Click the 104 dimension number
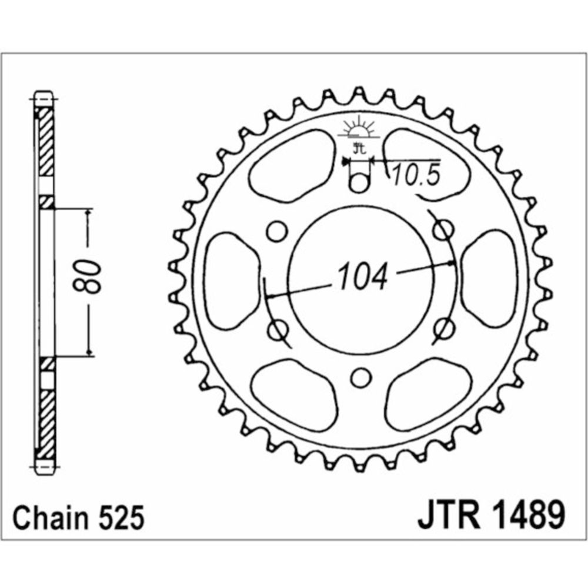[362, 276]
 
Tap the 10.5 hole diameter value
[416, 175]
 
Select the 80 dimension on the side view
[88, 276]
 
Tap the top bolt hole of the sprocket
[359, 183]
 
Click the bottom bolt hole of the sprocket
[360, 378]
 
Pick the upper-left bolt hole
[277, 231]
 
